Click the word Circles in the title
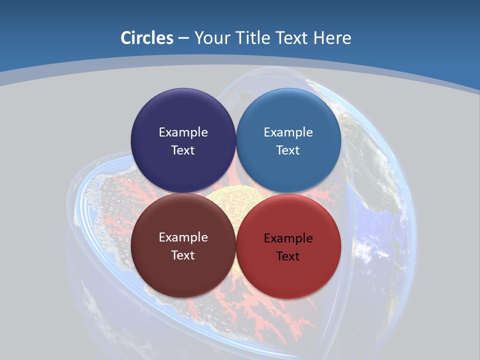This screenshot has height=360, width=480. click(147, 37)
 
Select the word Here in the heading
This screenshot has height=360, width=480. click(332, 37)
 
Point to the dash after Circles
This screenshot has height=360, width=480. click(183, 38)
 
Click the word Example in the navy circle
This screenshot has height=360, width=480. click(183, 132)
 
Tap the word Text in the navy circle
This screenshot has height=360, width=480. click(183, 150)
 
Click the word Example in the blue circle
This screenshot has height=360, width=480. click(288, 132)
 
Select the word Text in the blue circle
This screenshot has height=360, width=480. click(288, 150)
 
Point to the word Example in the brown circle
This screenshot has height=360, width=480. click(183, 237)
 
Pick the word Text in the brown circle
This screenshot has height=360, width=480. click(183, 255)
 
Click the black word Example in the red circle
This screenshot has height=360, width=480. click(288, 238)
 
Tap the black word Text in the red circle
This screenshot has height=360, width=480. click(288, 256)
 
